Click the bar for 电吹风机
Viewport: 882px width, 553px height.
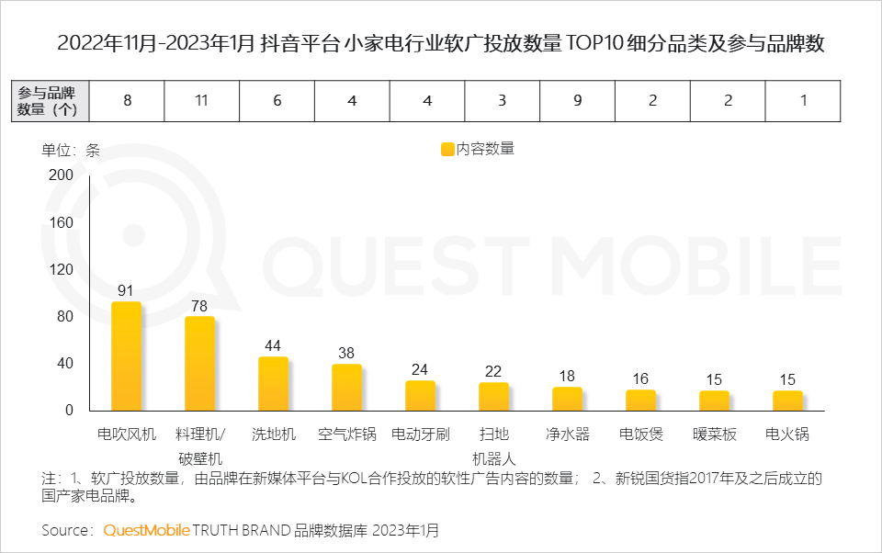coord(126,356)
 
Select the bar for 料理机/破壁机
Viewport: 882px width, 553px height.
coord(199,364)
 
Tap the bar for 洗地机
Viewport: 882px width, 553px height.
coord(273,384)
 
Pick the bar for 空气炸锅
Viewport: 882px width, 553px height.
coord(346,388)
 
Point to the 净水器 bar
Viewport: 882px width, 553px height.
coord(567,399)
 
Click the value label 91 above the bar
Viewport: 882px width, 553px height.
coord(126,290)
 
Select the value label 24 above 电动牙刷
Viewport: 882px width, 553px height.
coord(420,369)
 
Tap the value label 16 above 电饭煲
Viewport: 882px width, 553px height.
coord(640,378)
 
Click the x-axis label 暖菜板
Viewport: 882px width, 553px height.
coord(714,434)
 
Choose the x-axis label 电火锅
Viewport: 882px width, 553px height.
coord(787,434)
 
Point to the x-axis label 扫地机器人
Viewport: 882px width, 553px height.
coord(493,446)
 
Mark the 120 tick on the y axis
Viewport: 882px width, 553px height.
coord(61,269)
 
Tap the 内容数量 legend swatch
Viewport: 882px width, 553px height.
coord(448,149)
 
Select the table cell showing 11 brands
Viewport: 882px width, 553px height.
coord(201,101)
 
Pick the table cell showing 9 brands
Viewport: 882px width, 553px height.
coord(577,101)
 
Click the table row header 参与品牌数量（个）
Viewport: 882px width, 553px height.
coord(51,101)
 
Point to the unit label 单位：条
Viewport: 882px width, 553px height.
coord(71,150)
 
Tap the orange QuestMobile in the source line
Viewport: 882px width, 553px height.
coord(146,530)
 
